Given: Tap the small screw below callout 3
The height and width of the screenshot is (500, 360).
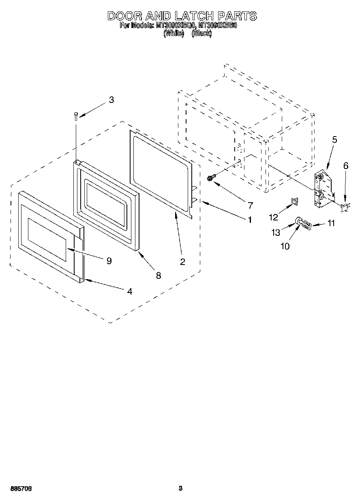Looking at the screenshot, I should pos(76,116).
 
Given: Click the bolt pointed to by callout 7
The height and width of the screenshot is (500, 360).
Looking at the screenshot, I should pos(210,177).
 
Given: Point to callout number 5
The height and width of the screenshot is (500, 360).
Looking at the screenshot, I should pos(334,140).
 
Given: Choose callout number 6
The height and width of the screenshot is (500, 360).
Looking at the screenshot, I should pos(345,166).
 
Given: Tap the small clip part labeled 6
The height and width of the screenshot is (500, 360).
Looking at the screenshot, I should pos(344,207).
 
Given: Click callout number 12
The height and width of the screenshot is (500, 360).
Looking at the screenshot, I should pos(274,217).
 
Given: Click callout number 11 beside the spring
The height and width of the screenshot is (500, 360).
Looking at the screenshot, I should pos(331,223).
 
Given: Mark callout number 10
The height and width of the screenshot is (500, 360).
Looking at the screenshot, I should pos(285,246).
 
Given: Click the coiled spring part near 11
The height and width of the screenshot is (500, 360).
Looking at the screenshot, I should pos(307,224).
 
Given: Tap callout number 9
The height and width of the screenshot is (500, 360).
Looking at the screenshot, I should pos(109,261).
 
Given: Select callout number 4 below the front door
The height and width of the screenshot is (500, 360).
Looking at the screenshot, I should pos(129,291).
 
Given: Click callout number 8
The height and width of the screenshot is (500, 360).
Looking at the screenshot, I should pos(158,275).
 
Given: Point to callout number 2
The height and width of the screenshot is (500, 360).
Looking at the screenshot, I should pos(182,262).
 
